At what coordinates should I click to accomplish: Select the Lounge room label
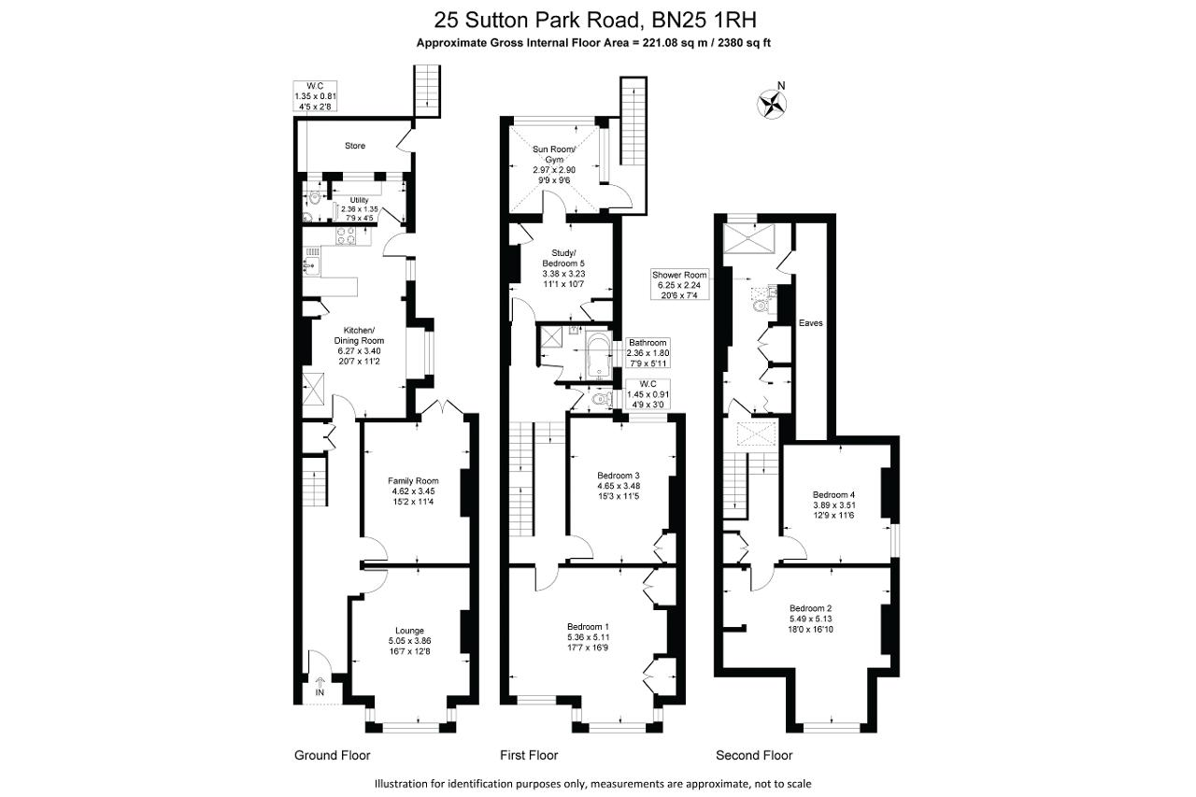tap(409, 631)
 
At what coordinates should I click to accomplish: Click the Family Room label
tap(413, 481)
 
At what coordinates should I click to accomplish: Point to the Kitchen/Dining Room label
tap(359, 331)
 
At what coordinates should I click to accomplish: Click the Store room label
tap(355, 146)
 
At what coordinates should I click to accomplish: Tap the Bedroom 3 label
tap(619, 474)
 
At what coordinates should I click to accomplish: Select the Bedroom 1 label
tap(588, 626)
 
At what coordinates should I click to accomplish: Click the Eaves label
tap(810, 323)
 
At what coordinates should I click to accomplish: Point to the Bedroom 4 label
tap(834, 494)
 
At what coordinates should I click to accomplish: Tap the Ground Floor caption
tap(332, 755)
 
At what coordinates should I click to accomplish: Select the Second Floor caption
tap(754, 755)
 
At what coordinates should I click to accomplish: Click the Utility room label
tap(359, 200)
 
